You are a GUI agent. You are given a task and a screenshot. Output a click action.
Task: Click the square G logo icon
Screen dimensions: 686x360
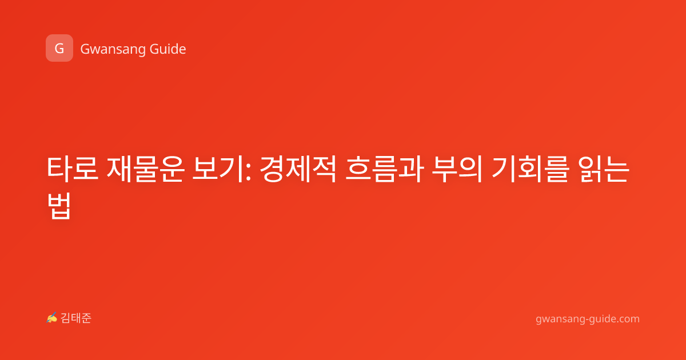pyautogui.click(x=59, y=48)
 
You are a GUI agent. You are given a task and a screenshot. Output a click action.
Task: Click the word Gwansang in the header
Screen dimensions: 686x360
pyautogui.click(x=113, y=50)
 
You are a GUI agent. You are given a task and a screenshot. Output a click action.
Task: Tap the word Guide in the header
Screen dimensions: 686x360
pyautogui.click(x=167, y=49)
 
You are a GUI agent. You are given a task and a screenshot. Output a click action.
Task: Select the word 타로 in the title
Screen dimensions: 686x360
pyautogui.click(x=73, y=169)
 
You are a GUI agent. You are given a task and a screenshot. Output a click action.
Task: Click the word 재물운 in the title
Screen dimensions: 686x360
pyautogui.click(x=145, y=169)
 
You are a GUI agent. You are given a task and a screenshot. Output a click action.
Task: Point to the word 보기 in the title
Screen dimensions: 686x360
pyautogui.click(x=218, y=169)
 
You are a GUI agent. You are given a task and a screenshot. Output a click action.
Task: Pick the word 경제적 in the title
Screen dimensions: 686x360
pyautogui.click(x=298, y=169)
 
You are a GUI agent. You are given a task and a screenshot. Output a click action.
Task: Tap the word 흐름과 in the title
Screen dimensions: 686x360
pyautogui.click(x=385, y=169)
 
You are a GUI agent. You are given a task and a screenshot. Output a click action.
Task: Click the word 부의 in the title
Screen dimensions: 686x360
pyautogui.click(x=457, y=169)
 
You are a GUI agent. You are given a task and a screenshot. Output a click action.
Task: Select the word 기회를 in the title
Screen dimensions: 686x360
pyautogui.click(x=531, y=169)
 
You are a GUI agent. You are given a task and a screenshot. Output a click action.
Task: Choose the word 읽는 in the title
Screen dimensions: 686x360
pyautogui.click(x=603, y=169)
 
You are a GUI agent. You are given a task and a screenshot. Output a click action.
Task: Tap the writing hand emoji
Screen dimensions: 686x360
pyautogui.click(x=52, y=318)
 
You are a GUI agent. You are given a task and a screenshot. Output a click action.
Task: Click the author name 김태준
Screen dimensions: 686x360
pyautogui.click(x=76, y=318)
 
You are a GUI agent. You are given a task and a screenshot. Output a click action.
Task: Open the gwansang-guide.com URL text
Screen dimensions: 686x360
pyautogui.click(x=588, y=319)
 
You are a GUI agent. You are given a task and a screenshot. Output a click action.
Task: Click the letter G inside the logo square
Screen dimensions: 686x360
pyautogui.click(x=59, y=49)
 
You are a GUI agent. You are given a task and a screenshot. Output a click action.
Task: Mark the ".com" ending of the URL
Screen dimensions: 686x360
pyautogui.click(x=628, y=319)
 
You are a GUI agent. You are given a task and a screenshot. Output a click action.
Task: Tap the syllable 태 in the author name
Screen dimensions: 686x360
pyautogui.click(x=76, y=318)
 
